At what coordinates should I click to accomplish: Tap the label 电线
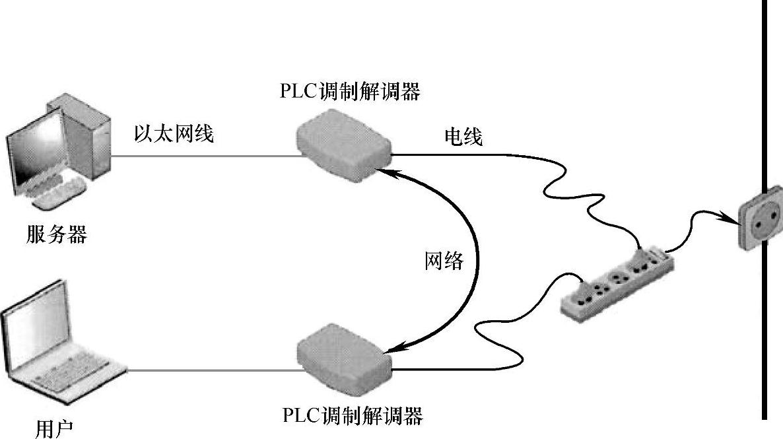(x=463, y=137)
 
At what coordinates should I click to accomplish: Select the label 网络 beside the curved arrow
(x=444, y=261)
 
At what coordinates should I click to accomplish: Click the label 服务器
(x=57, y=234)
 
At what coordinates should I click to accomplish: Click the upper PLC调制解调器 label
(x=350, y=92)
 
